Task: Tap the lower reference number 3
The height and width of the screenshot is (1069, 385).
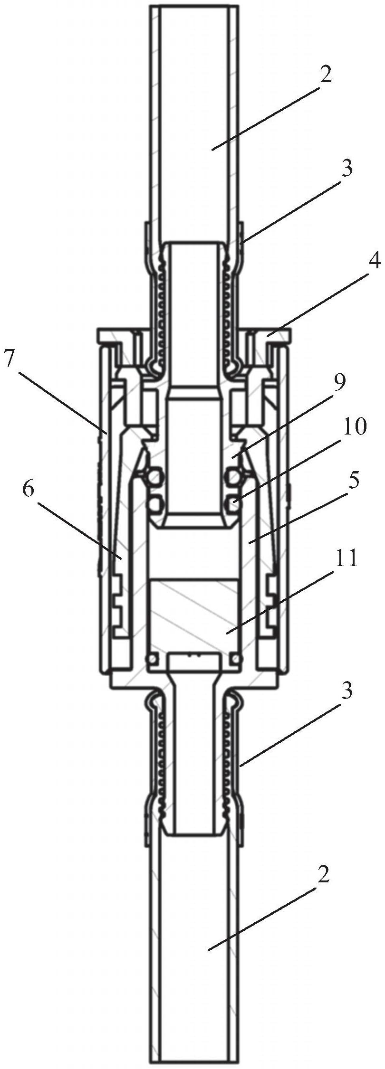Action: click(x=347, y=692)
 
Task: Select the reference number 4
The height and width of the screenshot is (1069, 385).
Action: click(x=373, y=263)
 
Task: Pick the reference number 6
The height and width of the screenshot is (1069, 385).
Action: click(x=28, y=490)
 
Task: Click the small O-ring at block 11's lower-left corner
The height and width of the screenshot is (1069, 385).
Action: click(x=153, y=659)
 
